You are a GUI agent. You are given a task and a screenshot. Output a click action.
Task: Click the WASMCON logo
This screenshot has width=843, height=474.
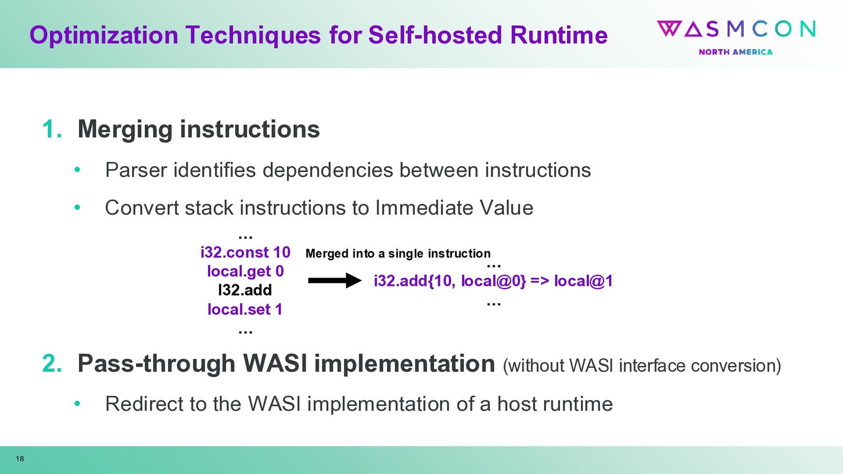pyautogui.click(x=736, y=29)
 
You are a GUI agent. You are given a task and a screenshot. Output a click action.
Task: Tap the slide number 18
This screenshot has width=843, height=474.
pyautogui.click(x=20, y=459)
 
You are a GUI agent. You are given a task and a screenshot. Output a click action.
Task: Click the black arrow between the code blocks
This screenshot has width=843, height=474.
pyautogui.click(x=335, y=280)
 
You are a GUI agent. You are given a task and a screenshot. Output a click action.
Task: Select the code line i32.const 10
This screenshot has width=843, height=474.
pyautogui.click(x=245, y=252)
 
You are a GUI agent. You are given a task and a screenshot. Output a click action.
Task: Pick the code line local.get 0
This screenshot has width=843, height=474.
pyautogui.click(x=245, y=271)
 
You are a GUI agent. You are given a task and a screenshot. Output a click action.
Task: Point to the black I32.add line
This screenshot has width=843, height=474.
pyautogui.click(x=245, y=290)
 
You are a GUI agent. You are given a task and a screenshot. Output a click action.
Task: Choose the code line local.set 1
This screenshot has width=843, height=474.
pyautogui.click(x=245, y=309)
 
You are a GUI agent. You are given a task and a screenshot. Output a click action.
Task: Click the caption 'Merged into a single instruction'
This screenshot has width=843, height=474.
pyautogui.click(x=398, y=253)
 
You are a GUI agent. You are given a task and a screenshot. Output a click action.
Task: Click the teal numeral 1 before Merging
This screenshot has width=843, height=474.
pyautogui.click(x=51, y=130)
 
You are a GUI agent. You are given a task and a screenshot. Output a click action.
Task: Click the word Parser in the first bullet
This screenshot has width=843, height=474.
pyautogui.click(x=136, y=170)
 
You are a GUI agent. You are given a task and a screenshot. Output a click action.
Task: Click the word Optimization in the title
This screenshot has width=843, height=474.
pyautogui.click(x=104, y=35)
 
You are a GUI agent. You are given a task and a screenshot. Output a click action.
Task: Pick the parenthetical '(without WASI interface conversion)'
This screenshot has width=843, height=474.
pyautogui.click(x=641, y=365)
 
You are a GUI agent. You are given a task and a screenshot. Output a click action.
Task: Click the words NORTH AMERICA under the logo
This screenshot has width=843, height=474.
pyautogui.click(x=735, y=52)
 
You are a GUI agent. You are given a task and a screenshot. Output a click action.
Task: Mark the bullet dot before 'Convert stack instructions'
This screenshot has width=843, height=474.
pyautogui.click(x=77, y=207)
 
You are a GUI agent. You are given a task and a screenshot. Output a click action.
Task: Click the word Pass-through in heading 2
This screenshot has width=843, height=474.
pyautogui.click(x=156, y=364)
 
